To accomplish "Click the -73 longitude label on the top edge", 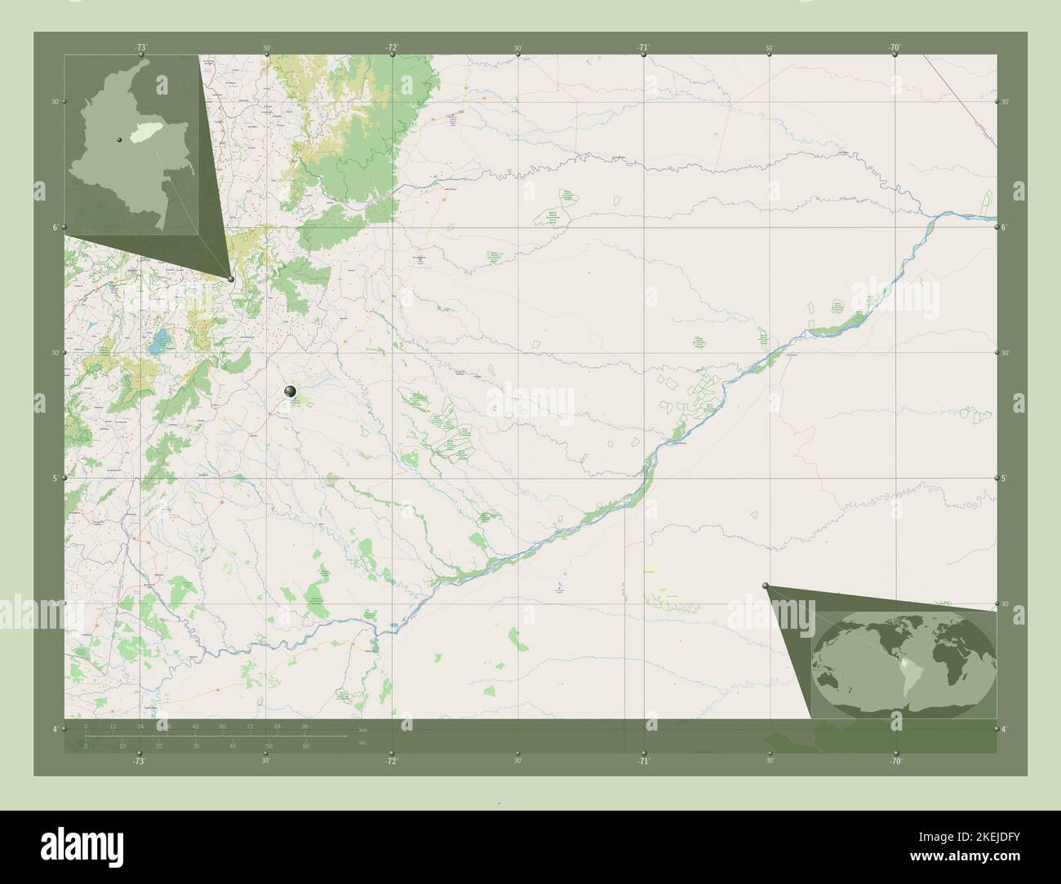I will click(141, 47).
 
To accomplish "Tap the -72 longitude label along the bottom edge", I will click(392, 761).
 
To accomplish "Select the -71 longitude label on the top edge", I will click(643, 47).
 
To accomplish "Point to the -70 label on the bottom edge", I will click(895, 761).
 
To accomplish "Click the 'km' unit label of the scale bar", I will click(362, 728).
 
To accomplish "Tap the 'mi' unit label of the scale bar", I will click(362, 744).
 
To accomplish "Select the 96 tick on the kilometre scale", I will click(304, 725).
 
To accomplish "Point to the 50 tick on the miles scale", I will click(269, 745).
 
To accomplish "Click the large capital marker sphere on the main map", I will click(291, 392).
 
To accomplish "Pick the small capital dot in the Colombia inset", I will click(119, 139).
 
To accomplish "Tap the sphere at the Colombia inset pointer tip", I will click(231, 279).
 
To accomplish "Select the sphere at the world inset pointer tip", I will click(766, 586).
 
